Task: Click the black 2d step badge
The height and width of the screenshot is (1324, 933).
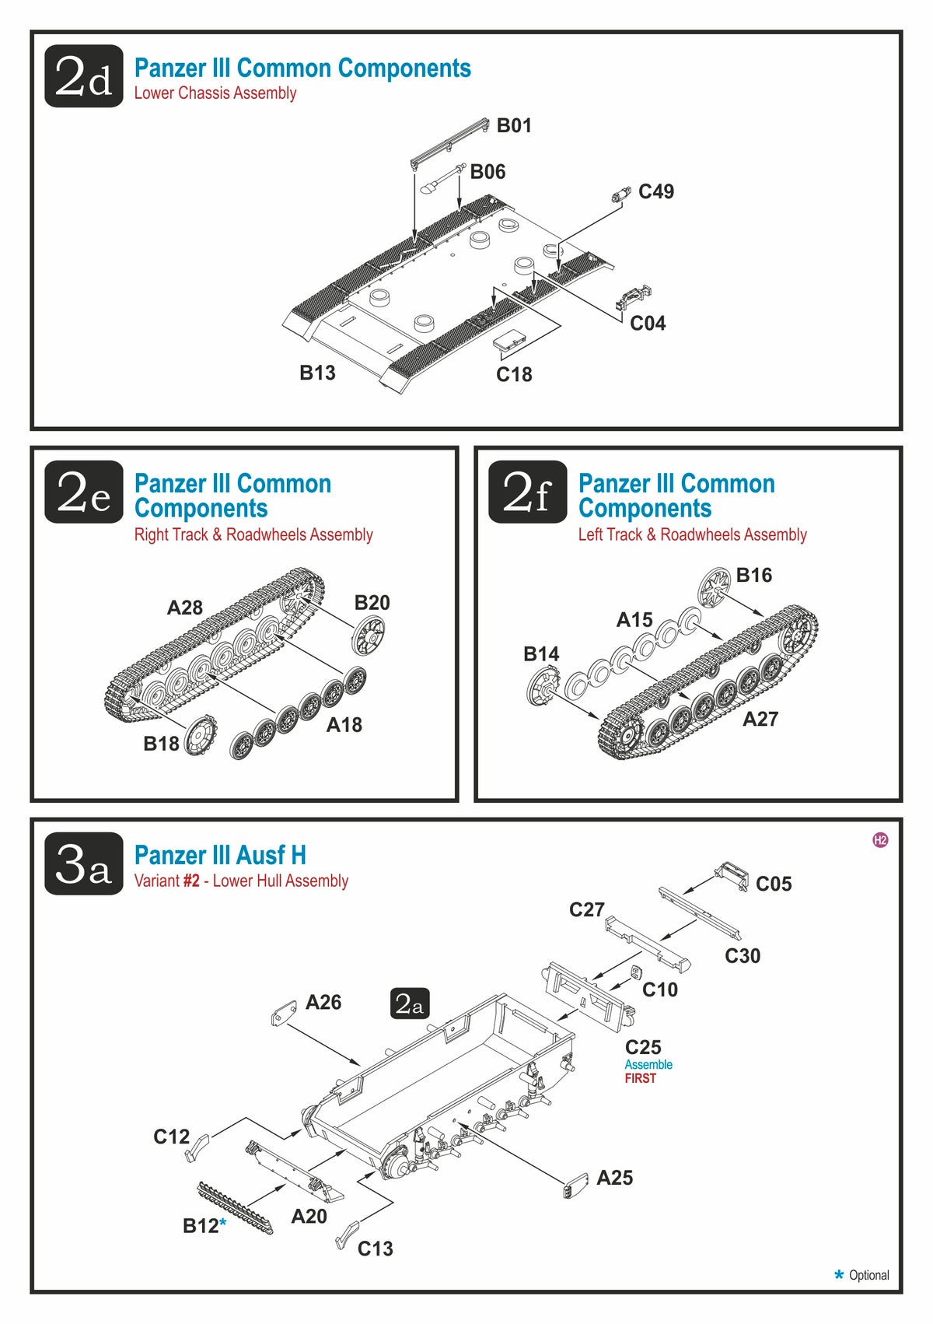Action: (x=84, y=76)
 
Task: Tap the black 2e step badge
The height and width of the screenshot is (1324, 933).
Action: (x=84, y=492)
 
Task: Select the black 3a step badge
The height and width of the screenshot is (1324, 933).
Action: (x=84, y=863)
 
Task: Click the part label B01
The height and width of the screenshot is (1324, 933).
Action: (x=514, y=125)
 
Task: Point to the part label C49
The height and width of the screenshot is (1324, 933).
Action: (x=655, y=191)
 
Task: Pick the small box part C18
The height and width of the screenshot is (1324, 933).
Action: (x=509, y=342)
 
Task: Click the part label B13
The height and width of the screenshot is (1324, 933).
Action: (x=317, y=373)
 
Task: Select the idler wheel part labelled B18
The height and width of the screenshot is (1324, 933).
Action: (x=200, y=734)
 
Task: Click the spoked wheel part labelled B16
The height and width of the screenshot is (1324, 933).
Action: (x=715, y=587)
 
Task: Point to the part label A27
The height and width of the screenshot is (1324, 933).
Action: (x=760, y=719)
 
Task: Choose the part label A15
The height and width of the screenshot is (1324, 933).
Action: (x=634, y=620)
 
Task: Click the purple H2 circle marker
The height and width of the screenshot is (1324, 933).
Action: (x=880, y=840)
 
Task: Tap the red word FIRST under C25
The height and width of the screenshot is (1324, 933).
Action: (x=641, y=1078)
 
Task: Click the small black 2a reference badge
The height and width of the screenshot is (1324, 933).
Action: (x=409, y=1004)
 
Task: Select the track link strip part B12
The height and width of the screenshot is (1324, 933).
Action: (x=236, y=1207)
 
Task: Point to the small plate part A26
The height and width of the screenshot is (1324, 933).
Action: (x=284, y=1014)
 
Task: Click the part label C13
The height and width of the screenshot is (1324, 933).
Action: (x=375, y=1249)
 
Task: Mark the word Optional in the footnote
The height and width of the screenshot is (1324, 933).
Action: (x=868, y=1275)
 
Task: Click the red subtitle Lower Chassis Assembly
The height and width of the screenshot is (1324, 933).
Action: (x=215, y=93)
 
